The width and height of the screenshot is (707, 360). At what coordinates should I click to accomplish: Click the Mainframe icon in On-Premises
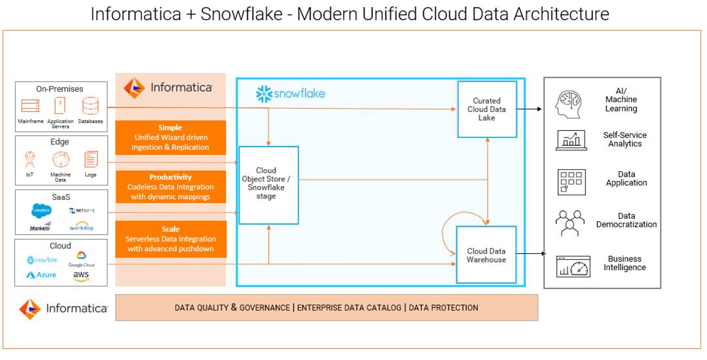[31, 106]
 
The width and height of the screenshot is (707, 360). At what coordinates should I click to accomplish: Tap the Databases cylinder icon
[90, 105]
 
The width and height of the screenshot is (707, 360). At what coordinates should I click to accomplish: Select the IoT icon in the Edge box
[29, 159]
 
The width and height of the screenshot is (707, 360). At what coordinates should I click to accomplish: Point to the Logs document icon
[90, 159]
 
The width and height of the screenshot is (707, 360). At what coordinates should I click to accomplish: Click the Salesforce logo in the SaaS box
[41, 210]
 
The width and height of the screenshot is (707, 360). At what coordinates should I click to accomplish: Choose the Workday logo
[81, 227]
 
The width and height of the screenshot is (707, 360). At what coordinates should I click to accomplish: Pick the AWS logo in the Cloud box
[81, 276]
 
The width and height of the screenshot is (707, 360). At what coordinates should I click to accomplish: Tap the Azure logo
[41, 275]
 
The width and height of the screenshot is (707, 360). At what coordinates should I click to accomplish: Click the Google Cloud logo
[81, 260]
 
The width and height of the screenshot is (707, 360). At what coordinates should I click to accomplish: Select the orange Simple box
[171, 137]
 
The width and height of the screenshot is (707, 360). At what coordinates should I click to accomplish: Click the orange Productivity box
[171, 187]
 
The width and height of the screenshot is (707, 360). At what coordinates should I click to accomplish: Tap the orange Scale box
[171, 239]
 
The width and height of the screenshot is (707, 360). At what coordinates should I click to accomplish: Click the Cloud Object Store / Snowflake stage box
[268, 185]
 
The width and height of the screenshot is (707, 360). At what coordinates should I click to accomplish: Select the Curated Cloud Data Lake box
[487, 109]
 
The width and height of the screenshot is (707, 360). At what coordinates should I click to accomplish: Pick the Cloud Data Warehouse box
[486, 255]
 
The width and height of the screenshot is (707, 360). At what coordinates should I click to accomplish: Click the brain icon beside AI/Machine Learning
[570, 104]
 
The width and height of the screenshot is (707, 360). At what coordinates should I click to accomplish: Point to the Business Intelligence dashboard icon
[573, 266]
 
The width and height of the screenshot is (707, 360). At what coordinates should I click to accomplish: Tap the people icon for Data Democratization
[570, 223]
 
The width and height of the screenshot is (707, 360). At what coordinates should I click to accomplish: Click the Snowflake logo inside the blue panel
[290, 94]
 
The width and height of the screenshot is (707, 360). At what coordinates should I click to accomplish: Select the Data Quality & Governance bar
[326, 308]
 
